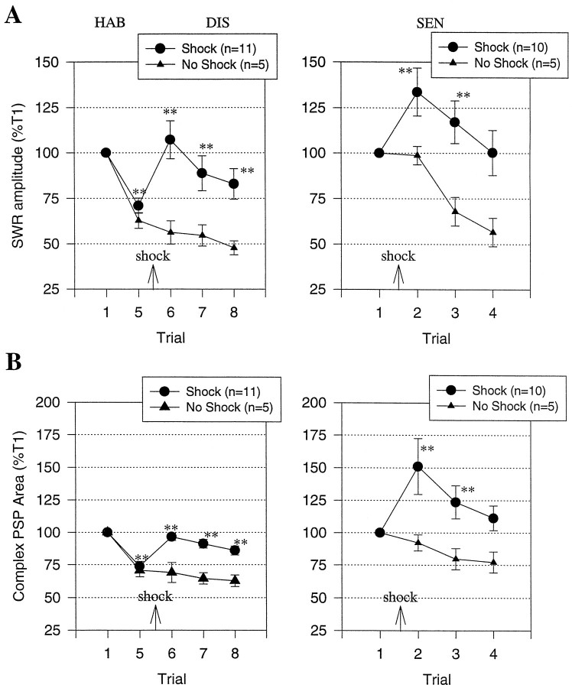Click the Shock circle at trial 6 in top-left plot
click(x=171, y=140)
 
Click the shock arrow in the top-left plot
click(x=153, y=276)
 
